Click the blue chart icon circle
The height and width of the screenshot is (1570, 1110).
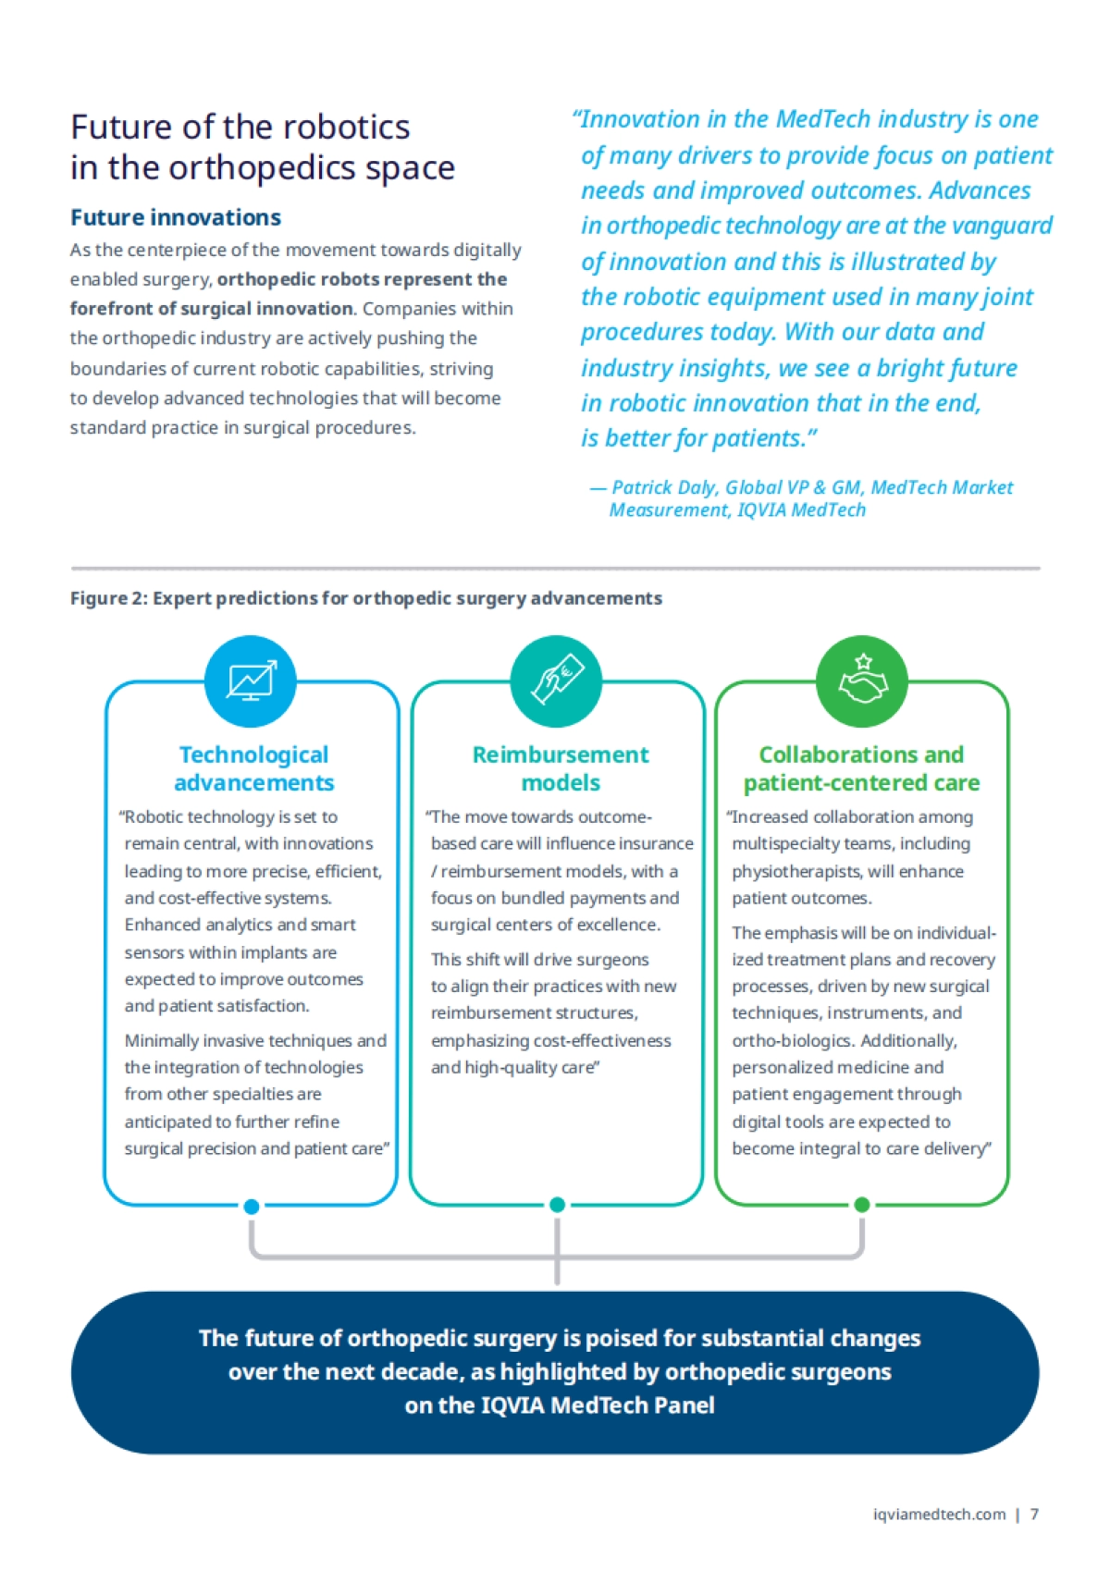click(251, 681)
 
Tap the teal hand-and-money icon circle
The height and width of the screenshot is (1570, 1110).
click(556, 681)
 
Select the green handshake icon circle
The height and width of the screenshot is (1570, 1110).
click(862, 681)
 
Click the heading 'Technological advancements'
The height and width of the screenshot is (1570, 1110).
click(254, 768)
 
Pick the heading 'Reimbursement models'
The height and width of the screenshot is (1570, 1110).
click(561, 768)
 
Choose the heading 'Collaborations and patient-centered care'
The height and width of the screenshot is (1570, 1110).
click(861, 768)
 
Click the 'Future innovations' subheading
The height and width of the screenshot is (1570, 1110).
click(176, 217)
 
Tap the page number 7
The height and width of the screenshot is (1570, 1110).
click(1034, 1515)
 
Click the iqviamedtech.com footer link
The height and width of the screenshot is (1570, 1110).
click(939, 1515)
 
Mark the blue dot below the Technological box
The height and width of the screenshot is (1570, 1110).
click(251, 1207)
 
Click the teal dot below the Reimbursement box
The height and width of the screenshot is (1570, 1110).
click(557, 1205)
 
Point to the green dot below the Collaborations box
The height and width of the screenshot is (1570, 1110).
click(862, 1205)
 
